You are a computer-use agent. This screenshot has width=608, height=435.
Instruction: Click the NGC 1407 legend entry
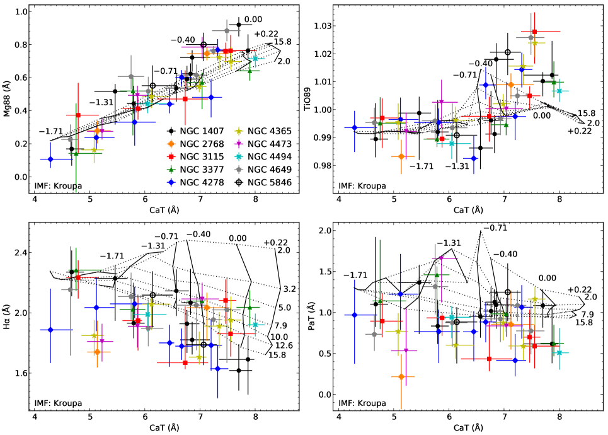point(193,131)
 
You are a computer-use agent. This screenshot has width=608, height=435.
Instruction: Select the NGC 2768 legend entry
point(193,144)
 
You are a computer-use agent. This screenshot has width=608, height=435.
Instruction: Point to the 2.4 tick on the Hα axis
point(21,253)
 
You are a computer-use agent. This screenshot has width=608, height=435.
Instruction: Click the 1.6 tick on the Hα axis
point(21,373)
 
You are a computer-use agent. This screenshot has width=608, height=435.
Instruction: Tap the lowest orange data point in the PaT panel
point(401,376)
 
